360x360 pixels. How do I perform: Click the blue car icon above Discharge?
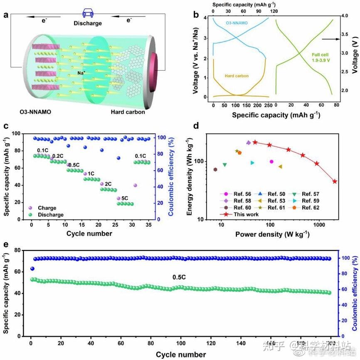click(x=88, y=12)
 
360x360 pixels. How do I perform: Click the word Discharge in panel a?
click(x=88, y=23)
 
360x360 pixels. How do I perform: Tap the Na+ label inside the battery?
click(x=81, y=73)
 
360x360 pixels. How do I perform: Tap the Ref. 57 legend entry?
click(x=310, y=194)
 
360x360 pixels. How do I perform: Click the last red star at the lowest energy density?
click(x=335, y=181)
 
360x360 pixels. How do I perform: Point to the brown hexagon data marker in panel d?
click(x=215, y=169)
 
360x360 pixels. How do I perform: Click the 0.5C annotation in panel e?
click(x=180, y=277)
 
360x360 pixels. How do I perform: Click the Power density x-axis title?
click(x=272, y=234)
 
